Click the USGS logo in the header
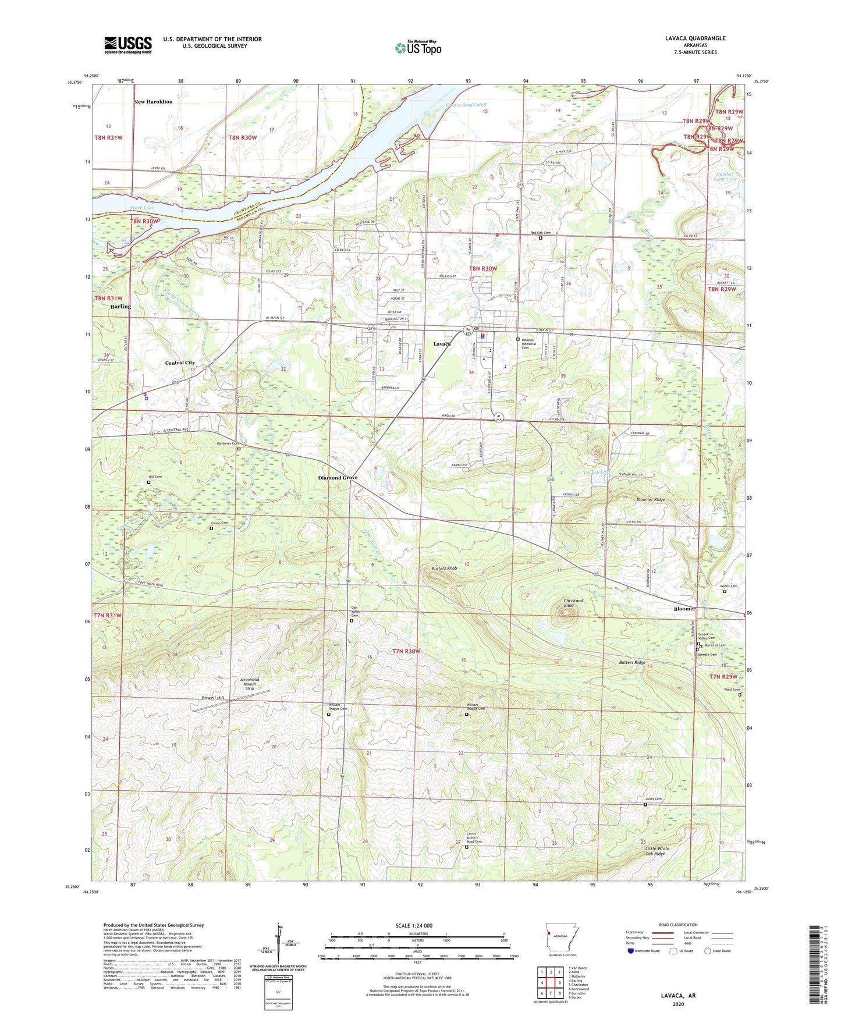128,45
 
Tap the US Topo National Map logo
418,48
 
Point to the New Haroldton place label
153,102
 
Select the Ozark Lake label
141,208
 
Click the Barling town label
121,307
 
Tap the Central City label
180,363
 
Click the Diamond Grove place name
338,478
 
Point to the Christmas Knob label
573,603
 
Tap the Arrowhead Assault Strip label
250,684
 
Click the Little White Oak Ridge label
658,851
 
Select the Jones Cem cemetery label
654,799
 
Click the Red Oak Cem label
541,233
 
